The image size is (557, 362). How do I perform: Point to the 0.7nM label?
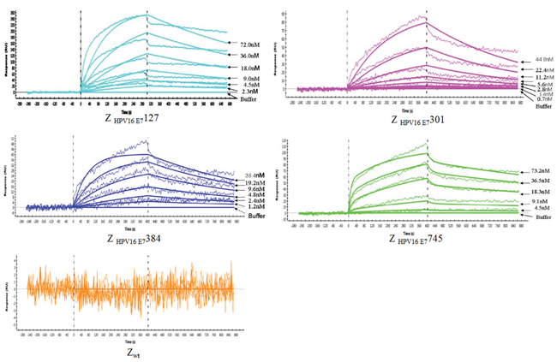(x=533, y=101)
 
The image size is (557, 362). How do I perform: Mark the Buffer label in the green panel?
(x=533, y=217)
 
